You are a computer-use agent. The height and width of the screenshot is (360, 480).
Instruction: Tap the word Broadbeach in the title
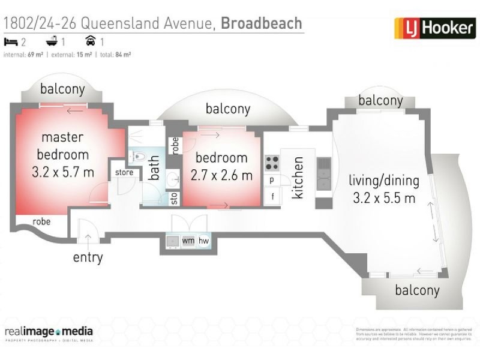coord(262,23)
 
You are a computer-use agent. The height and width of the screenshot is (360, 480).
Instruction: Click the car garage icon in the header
coord(91,41)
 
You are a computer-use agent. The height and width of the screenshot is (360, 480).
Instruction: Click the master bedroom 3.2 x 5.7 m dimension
coord(62,173)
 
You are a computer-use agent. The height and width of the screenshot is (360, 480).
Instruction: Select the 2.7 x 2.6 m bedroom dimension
coord(221,177)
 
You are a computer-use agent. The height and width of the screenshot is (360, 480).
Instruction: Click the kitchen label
coord(298,178)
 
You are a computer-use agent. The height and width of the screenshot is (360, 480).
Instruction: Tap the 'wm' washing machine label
coord(188,241)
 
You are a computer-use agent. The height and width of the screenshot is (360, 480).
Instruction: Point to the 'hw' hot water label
coord(203,241)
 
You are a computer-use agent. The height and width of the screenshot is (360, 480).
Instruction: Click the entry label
coord(88,258)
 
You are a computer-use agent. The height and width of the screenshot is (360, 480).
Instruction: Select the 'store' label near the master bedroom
coord(124,173)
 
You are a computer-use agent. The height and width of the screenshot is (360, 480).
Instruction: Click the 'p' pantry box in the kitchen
coord(272,179)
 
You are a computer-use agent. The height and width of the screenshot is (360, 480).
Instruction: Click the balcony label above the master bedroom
coord(62,89)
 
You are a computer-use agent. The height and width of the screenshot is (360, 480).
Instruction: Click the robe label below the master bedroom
coord(41,221)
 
